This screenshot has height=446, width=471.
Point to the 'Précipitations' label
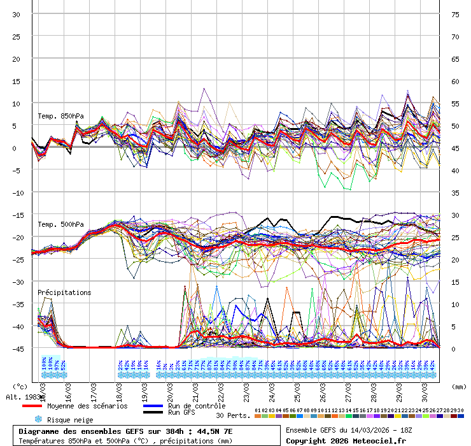point(64,292)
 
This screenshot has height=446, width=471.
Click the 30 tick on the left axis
point(17,14)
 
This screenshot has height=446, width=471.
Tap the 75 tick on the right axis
point(455,14)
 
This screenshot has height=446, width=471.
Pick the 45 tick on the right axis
point(455,148)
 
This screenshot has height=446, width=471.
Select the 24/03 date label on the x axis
point(272,389)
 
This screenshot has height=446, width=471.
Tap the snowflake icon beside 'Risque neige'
point(38,420)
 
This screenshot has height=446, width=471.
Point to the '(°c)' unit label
point(20,386)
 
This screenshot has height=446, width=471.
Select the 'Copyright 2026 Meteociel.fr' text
point(346,440)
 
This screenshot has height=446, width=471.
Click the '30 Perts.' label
point(233,415)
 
